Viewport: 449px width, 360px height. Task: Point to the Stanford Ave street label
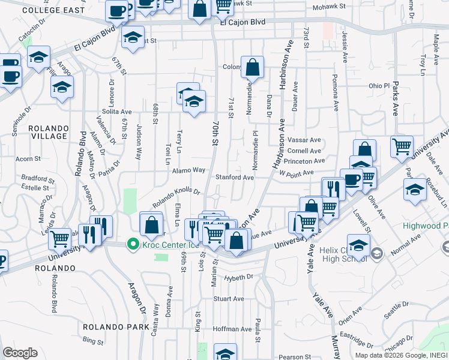click(235, 178)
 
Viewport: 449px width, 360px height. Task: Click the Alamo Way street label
click(189, 170)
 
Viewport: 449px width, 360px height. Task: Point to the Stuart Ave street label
click(229, 298)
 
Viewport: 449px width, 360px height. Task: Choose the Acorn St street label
click(28, 159)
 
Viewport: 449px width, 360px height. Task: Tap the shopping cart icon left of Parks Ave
click(402, 146)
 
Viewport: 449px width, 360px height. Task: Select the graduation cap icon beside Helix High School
click(358, 246)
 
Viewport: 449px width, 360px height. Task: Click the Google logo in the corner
click(20, 353)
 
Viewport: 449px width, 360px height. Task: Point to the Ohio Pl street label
click(379, 86)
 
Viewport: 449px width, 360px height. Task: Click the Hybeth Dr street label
click(239, 278)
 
